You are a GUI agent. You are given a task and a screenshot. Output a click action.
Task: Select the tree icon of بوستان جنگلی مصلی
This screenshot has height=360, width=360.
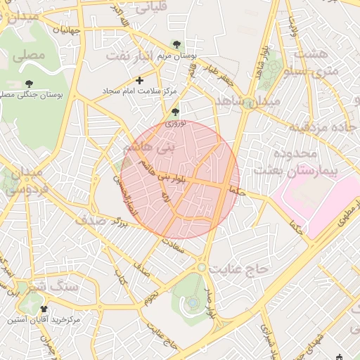[29, 84]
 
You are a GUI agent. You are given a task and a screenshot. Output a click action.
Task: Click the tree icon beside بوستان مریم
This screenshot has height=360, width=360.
[176, 44]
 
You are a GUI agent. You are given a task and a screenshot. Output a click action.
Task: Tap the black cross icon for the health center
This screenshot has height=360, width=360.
[139, 81]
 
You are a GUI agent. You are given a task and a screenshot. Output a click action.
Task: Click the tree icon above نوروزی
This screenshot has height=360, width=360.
[175, 111]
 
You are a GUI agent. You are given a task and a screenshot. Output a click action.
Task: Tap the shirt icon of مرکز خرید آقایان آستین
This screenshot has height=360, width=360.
[45, 308]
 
